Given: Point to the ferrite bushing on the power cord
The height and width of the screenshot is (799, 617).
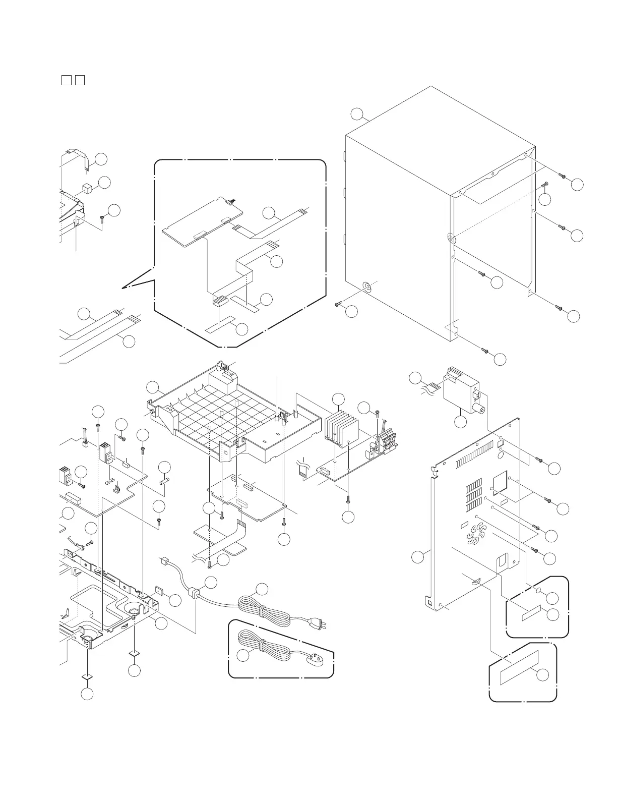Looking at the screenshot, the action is pos(193,594).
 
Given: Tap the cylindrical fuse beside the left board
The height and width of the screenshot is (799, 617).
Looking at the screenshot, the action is pos(164,482).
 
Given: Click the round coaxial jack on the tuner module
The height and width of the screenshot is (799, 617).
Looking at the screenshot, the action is pos(481,410).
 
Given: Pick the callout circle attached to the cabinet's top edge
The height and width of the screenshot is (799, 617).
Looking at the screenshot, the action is pos(358,113).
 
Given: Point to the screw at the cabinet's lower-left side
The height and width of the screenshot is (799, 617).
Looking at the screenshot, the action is pos(338,305).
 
